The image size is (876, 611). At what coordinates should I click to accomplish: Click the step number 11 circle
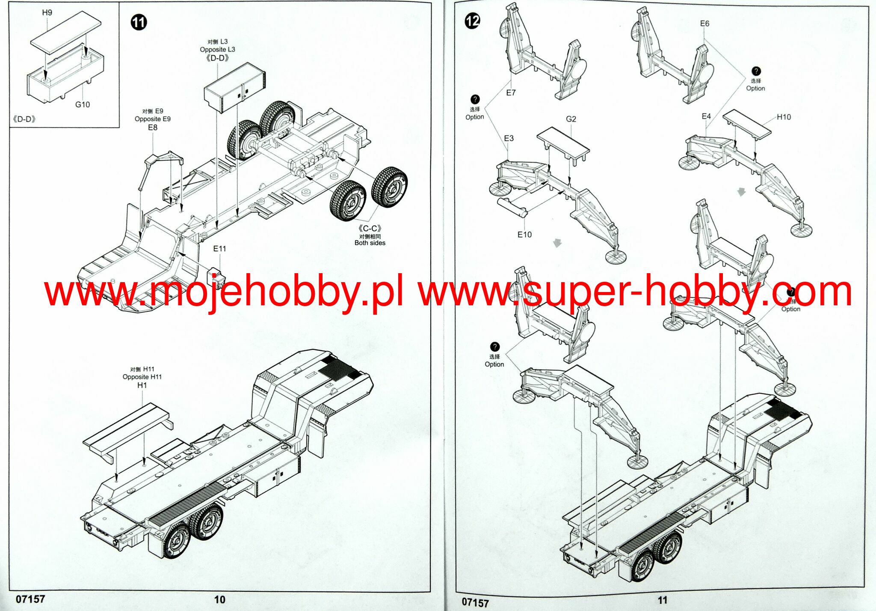[x=139, y=22]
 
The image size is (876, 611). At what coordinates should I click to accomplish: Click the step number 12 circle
[x=473, y=21]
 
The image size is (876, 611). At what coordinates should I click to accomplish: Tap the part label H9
[x=47, y=12]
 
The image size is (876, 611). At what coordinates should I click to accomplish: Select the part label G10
[x=83, y=104]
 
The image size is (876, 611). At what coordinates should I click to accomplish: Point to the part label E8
[x=153, y=128]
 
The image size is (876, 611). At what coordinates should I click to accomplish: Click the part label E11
[x=219, y=249]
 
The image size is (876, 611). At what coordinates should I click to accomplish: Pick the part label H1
[x=142, y=385]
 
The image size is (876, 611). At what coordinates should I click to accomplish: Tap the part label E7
[x=511, y=92]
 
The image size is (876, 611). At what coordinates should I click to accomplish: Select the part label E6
[x=704, y=24]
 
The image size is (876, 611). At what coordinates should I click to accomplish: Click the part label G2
[x=571, y=119]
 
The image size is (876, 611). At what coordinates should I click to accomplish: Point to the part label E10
[x=524, y=235]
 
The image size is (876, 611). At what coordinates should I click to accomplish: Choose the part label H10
[x=784, y=117]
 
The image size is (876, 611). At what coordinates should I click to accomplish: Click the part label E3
[x=509, y=138]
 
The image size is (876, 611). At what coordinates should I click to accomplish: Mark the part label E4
[x=706, y=116]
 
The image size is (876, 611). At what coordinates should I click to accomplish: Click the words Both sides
[x=370, y=243]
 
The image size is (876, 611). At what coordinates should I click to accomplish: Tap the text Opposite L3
[x=217, y=50]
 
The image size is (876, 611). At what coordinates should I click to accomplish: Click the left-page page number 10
[x=220, y=599]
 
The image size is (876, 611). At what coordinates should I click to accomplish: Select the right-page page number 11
[x=663, y=600]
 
